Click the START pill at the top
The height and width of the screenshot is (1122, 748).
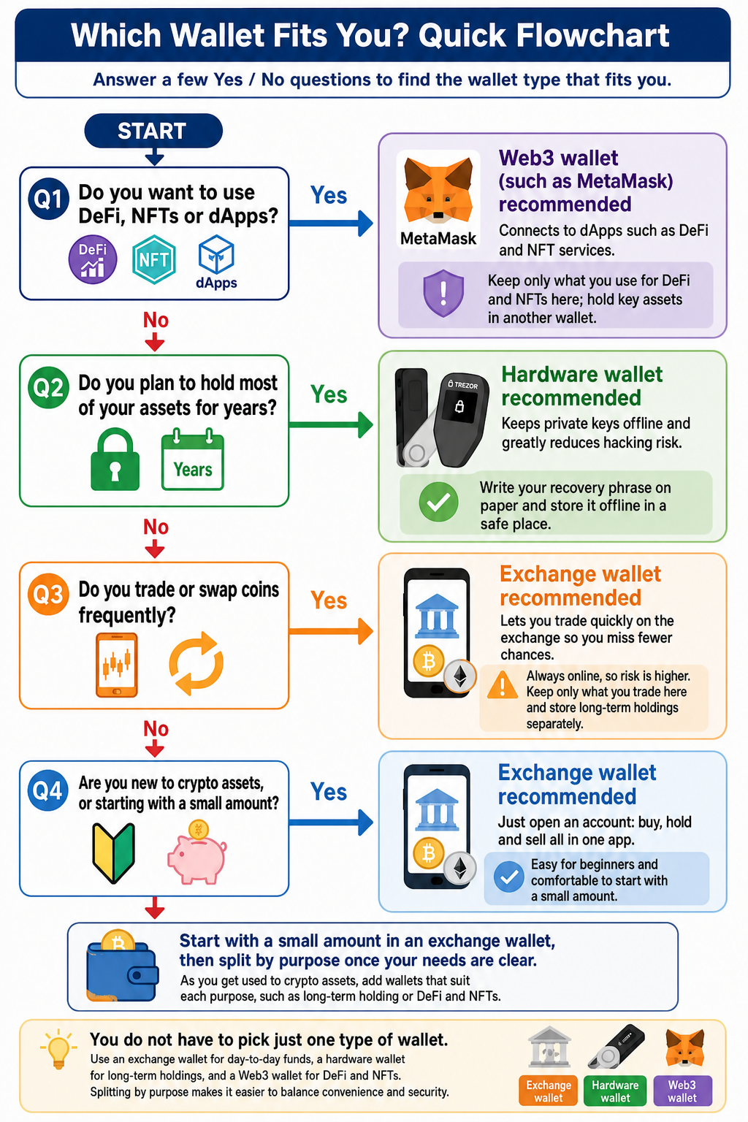tap(153, 131)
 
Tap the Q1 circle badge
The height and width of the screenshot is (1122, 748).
tap(48, 199)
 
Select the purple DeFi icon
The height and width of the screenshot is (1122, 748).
tap(93, 259)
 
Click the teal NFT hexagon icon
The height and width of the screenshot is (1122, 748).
tap(154, 259)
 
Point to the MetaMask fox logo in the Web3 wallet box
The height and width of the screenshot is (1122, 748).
tap(438, 191)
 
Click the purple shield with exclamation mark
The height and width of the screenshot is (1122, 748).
tap(443, 294)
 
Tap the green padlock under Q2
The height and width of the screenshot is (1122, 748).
tap(115, 459)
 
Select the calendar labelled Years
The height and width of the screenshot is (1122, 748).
tap(192, 459)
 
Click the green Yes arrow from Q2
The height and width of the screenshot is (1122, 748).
tap(331, 424)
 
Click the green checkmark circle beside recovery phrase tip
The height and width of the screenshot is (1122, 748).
tap(438, 502)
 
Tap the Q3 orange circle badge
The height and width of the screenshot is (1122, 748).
tap(48, 594)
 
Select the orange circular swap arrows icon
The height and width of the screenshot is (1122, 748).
tap(196, 663)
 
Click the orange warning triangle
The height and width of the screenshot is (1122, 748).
tap(502, 684)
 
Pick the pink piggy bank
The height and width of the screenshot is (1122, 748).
tap(197, 852)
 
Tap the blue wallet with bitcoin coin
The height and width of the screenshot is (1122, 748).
tap(122, 965)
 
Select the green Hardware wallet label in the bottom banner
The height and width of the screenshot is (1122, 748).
tap(615, 1091)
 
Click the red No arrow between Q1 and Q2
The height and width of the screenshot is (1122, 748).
tap(155, 343)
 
